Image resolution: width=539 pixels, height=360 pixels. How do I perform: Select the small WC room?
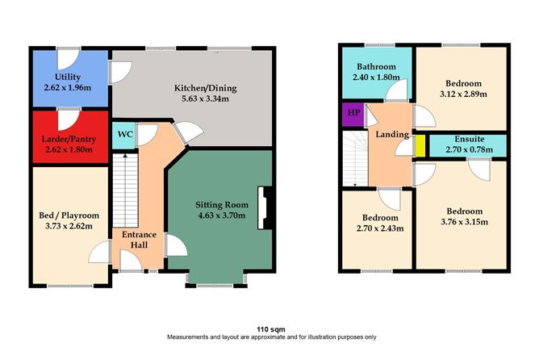[x=125, y=135]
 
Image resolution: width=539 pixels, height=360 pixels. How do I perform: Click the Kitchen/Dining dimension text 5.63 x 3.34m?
[x=204, y=99]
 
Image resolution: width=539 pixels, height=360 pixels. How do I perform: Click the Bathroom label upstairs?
[x=376, y=66]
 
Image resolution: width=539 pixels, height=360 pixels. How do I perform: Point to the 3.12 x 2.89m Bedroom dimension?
[x=462, y=94]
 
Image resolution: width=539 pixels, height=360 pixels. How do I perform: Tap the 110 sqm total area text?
[x=269, y=329]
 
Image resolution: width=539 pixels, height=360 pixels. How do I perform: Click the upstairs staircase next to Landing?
[x=353, y=157]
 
